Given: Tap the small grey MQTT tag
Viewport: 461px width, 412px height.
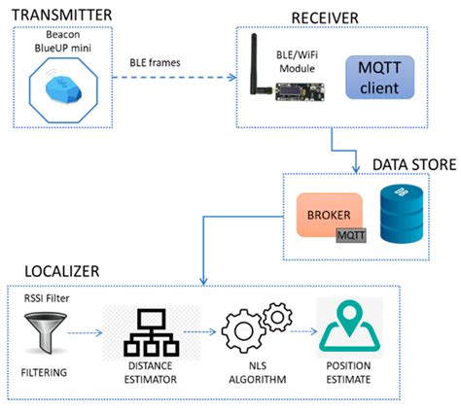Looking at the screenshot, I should [352, 235].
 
